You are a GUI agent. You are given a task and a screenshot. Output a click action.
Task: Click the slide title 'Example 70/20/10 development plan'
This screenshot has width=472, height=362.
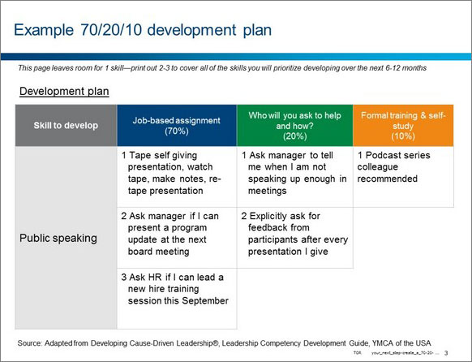tap(142, 30)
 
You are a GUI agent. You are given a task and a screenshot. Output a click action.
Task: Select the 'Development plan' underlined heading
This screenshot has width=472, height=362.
tap(64, 92)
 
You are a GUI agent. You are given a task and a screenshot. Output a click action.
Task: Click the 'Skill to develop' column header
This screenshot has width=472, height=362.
tap(66, 125)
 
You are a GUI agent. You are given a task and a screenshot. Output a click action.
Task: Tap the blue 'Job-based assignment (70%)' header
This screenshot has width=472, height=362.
tap(177, 125)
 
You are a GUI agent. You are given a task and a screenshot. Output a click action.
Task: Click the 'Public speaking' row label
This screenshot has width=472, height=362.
tap(59, 239)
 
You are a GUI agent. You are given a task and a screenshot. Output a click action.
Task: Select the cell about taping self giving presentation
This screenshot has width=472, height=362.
tap(177, 173)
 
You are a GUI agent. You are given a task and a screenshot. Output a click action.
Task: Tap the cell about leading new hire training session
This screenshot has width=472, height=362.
tap(177, 289)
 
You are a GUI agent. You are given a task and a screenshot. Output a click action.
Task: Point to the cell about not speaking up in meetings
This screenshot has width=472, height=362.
tap(294, 173)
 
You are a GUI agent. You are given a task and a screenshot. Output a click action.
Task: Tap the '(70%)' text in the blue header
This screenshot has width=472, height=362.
tap(177, 131)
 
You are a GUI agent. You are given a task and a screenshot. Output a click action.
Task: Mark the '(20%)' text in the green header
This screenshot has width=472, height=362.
tap(294, 136)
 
